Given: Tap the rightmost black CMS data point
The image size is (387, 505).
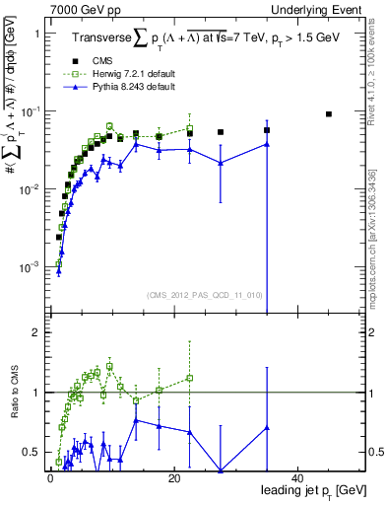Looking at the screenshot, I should click(x=329, y=114).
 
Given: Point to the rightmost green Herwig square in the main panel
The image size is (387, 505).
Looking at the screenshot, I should click(x=189, y=128).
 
